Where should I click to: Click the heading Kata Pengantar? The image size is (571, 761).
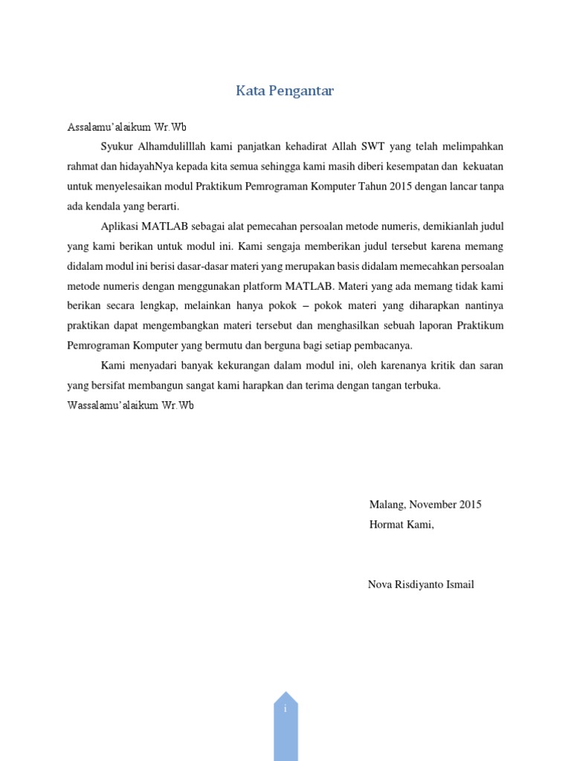point(285,91)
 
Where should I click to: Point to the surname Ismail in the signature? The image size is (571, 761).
point(459,584)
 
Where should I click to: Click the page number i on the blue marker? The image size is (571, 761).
point(285,708)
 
